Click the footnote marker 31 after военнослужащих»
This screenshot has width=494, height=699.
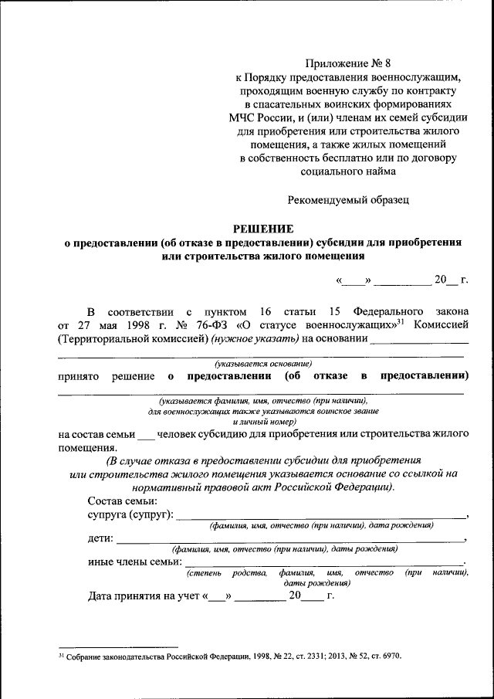click(x=403, y=321)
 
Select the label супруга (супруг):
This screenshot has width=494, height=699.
click(x=131, y=514)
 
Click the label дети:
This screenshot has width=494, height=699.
click(x=101, y=538)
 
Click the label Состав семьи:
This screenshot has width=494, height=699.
click(x=123, y=500)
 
